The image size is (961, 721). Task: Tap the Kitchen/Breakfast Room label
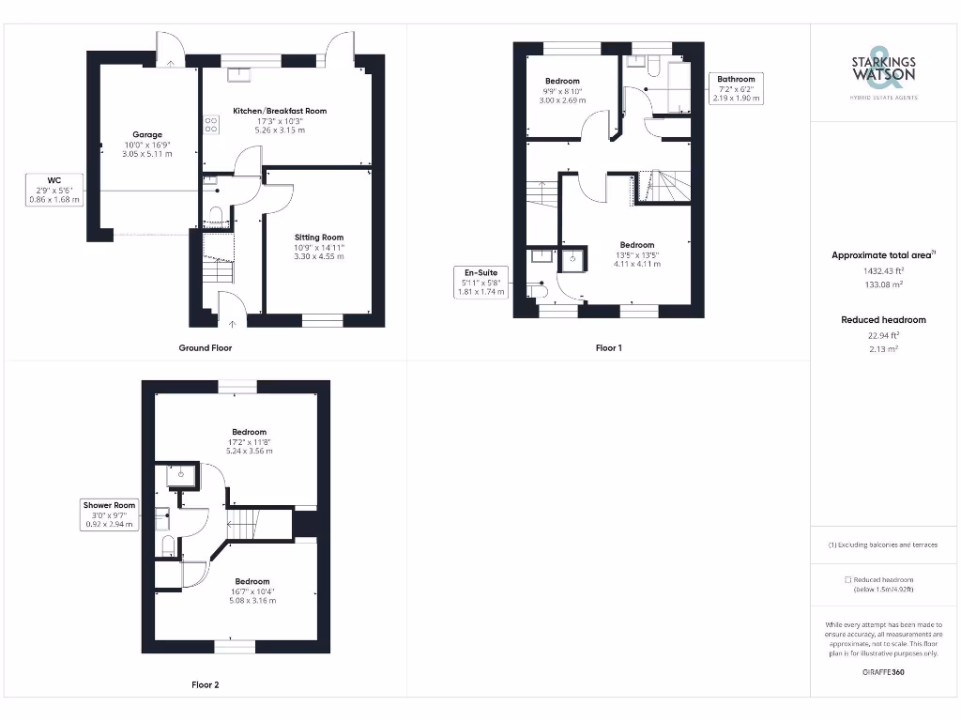[280, 111]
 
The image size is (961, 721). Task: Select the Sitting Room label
[320, 238]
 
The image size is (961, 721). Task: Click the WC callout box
[54, 190]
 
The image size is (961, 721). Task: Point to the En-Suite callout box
[480, 283]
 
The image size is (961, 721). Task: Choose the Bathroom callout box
[736, 88]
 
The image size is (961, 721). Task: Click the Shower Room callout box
[110, 514]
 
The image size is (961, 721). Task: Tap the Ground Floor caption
[206, 347]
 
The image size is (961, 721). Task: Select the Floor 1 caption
[609, 347]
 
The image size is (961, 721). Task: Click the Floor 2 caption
[206, 685]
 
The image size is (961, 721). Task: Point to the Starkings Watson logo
[884, 69]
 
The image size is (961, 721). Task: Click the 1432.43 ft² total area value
[884, 270]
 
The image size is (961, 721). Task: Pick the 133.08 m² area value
[884, 284]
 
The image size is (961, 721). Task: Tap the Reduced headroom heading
[884, 320]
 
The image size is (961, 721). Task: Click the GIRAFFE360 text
[884, 672]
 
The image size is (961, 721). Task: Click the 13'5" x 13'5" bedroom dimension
[637, 254]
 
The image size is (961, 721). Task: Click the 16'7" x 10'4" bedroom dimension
[252, 591]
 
